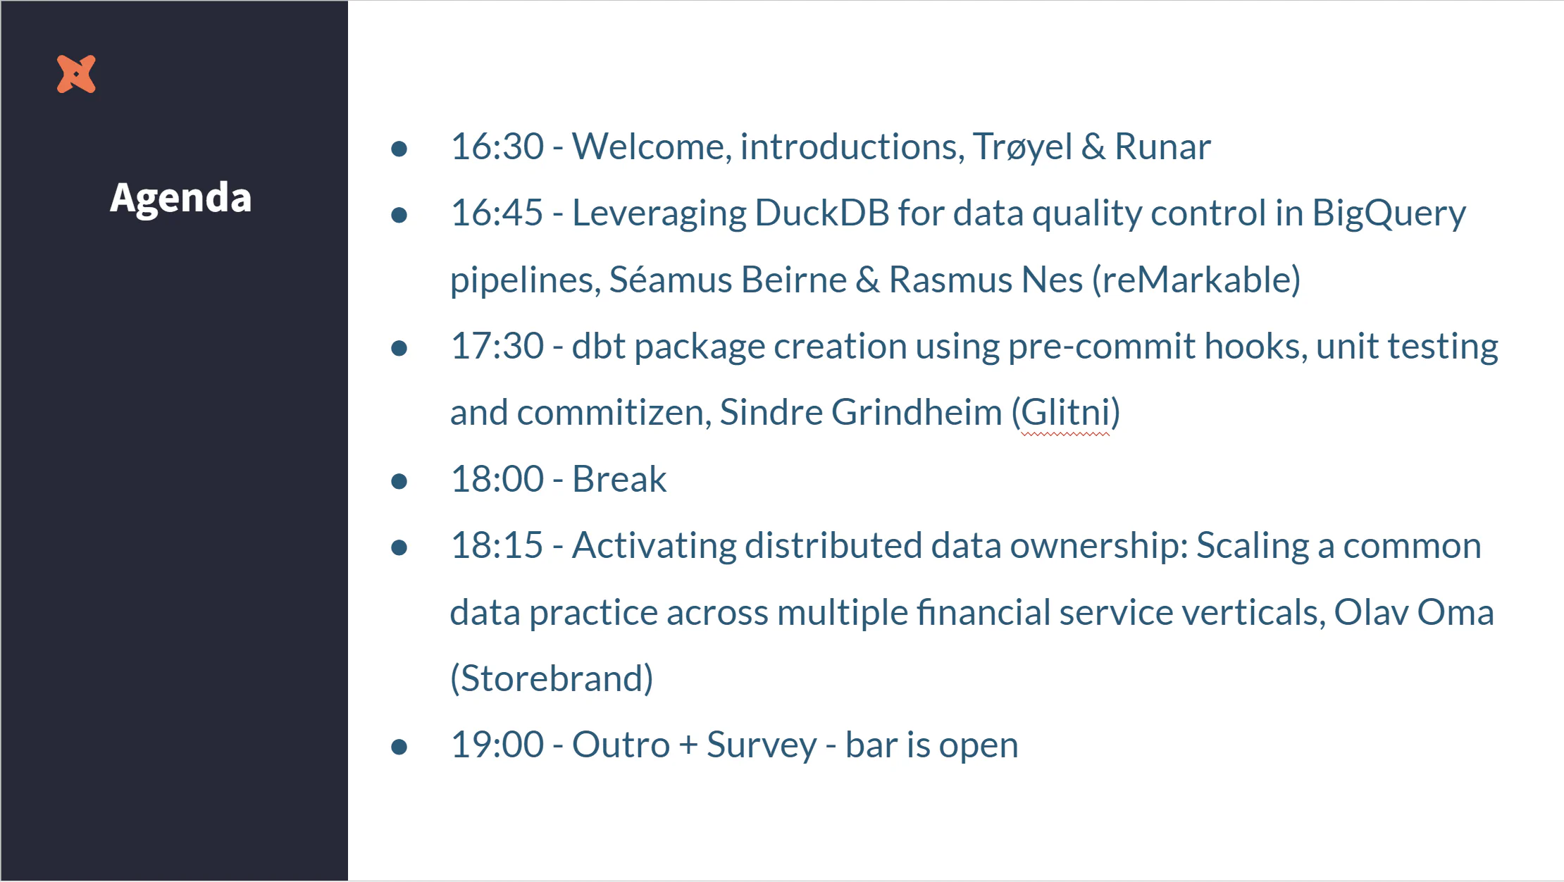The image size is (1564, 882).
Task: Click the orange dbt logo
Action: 76,74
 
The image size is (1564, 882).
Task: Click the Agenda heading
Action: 180,198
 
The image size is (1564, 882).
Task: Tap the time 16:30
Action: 497,147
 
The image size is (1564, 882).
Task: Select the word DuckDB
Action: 821,213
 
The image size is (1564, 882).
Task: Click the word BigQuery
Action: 1388,214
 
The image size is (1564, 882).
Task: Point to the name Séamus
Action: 670,280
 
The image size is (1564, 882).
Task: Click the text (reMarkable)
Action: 1196,280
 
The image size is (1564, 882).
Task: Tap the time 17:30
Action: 497,346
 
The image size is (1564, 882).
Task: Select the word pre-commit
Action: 1101,347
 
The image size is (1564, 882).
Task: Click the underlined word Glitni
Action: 1065,413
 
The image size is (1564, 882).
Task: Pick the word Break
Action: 619,479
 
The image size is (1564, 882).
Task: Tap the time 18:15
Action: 497,545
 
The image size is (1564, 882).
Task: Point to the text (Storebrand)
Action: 551,678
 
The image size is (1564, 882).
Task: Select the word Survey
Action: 761,745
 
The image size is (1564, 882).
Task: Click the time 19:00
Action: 497,745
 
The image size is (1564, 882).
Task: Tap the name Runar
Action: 1162,147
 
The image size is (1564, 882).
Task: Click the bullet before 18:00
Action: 399,481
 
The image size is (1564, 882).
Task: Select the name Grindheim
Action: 916,412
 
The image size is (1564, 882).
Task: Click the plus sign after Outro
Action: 688,745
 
